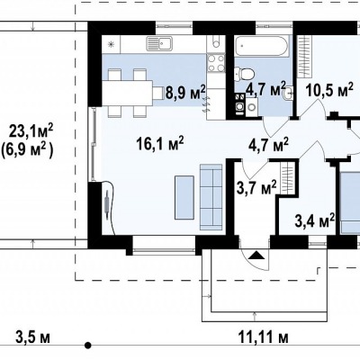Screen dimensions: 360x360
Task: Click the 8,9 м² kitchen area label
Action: [x=185, y=92]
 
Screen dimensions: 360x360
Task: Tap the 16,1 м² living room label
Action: [x=159, y=143]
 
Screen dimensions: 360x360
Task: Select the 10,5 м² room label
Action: [x=329, y=89]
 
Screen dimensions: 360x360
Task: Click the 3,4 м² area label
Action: [x=315, y=220]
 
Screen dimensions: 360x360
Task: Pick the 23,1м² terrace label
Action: [x=31, y=131]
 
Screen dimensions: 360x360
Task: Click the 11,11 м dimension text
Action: [x=264, y=337]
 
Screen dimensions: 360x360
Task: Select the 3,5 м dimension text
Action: [x=32, y=337]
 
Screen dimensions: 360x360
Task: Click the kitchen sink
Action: [x=159, y=43]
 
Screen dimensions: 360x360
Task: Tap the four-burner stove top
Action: [x=216, y=63]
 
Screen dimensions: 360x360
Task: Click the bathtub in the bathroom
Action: [x=262, y=46]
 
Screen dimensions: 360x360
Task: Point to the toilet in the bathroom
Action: [x=245, y=74]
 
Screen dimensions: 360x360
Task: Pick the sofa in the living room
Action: [x=211, y=195]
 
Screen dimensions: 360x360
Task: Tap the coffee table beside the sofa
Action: [x=184, y=197]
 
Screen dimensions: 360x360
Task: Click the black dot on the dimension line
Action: [x=87, y=346]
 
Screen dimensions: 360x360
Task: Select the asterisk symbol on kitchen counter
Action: [x=111, y=45]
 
